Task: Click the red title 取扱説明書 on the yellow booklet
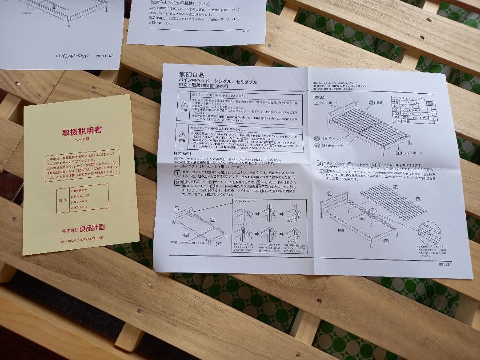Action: pyautogui.click(x=82, y=131)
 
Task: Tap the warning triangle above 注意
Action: pyautogui.click(x=182, y=98)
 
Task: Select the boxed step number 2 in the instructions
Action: pyautogui.click(x=177, y=182)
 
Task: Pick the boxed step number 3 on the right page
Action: pyautogui.click(x=319, y=164)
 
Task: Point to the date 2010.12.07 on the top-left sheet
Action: pyautogui.click(x=104, y=56)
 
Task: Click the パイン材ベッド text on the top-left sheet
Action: pyautogui.click(x=71, y=56)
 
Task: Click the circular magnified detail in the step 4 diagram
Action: pyautogui.click(x=429, y=233)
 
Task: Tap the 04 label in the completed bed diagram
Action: pyautogui.click(x=317, y=144)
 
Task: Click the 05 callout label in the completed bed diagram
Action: pyautogui.click(x=372, y=102)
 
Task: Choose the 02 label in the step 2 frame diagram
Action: pyautogui.click(x=218, y=243)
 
